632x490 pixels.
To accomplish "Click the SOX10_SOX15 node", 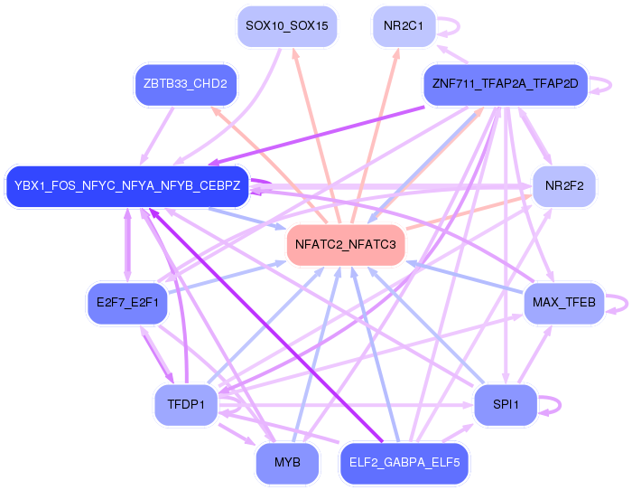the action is tap(287, 26).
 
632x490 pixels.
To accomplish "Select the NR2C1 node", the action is tap(404, 26).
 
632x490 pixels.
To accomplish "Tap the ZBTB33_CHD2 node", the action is tap(185, 84).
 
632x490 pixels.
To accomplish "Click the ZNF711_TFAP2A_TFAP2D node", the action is tap(506, 84).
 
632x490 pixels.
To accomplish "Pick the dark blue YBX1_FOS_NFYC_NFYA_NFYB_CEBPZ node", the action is tap(127, 186).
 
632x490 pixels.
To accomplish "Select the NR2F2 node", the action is tap(564, 186).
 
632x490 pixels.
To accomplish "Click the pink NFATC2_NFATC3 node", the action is tap(346, 245).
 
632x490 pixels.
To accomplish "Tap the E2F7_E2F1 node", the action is tap(127, 303).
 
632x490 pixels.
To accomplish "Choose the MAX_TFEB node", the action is tap(564, 303).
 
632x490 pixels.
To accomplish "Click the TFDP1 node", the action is tap(186, 405).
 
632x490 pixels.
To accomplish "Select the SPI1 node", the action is tap(506, 405).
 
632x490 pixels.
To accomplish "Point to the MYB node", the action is tap(287, 463).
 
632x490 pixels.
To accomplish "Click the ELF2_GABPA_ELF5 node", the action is tap(404, 463).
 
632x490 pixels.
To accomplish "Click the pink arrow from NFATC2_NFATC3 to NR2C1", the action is tap(376, 136).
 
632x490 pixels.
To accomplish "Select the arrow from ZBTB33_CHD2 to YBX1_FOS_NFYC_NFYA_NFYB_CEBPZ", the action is tap(157, 136).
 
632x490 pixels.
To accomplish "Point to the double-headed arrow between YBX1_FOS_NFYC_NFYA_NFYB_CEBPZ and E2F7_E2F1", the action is tap(127, 245).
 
